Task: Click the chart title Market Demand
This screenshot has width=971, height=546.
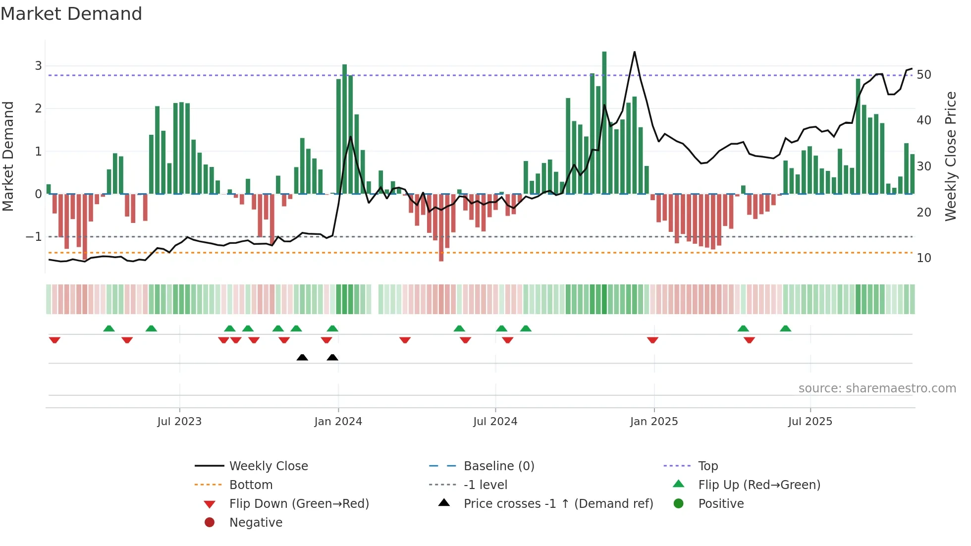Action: (71, 14)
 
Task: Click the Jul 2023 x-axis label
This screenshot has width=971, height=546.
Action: (179, 422)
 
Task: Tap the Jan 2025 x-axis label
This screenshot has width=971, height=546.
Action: (654, 422)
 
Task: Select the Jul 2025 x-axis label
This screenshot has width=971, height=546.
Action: (810, 422)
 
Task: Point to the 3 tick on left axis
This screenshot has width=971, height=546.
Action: (38, 66)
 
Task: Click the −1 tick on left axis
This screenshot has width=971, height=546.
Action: (34, 237)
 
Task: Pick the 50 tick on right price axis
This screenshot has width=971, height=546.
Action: (924, 75)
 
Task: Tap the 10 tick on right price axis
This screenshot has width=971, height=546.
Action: (924, 258)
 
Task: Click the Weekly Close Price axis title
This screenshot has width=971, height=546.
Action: (950, 156)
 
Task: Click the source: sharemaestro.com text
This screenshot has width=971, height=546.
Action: (877, 388)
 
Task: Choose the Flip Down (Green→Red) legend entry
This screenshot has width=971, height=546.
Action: (299, 504)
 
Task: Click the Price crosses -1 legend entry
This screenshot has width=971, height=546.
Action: (558, 504)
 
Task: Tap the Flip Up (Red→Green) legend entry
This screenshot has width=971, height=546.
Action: (759, 485)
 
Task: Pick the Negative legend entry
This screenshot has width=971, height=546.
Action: (256, 523)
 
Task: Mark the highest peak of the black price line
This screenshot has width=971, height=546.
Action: (635, 52)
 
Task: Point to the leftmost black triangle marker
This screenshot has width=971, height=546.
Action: (302, 357)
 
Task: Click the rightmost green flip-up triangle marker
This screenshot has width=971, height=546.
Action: (785, 328)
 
